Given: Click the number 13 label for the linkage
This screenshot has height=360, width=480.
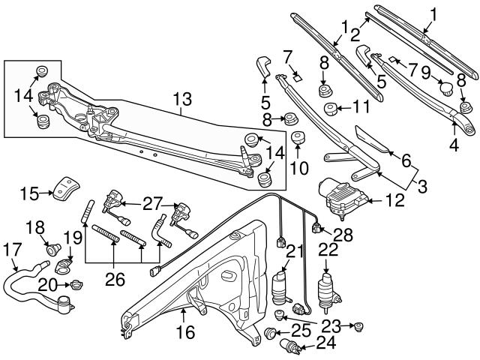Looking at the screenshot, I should click(x=182, y=99).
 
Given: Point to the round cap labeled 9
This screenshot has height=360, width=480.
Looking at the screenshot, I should click(x=445, y=91).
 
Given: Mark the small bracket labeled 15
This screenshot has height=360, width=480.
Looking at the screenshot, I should click(x=68, y=186).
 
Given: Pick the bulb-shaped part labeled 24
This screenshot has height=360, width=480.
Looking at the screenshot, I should click(x=289, y=346).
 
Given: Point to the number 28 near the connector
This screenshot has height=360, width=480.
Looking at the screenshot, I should click(x=343, y=235).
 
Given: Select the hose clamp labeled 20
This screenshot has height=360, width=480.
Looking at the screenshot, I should click(x=77, y=284).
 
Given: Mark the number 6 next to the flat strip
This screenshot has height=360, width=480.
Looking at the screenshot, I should click(x=406, y=160).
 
